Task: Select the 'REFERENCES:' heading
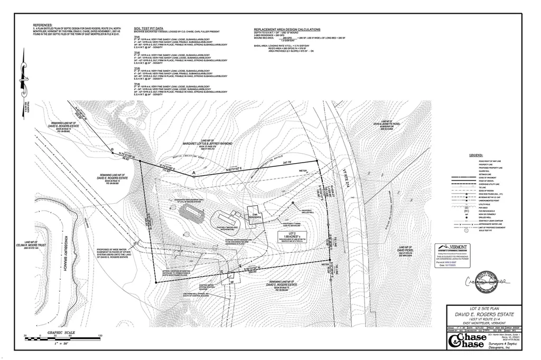[x=43, y=25]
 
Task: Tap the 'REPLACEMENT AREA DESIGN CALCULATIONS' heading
[x=287, y=30]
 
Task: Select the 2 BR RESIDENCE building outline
[x=255, y=214]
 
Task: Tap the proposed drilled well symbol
[x=293, y=203]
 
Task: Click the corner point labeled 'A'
[x=194, y=174]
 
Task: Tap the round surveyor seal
[x=488, y=283]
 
